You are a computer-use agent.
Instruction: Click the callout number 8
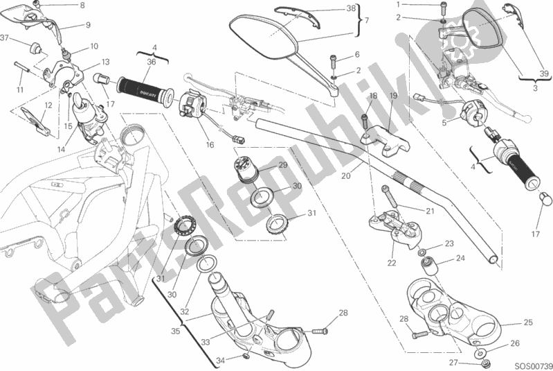(82, 6)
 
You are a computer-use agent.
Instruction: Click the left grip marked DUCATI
(143, 88)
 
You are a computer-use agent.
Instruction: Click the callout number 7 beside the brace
(367, 20)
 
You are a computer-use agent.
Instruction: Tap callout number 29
(282, 164)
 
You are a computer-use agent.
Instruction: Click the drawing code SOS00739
(532, 365)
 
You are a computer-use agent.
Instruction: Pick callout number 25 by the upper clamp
(528, 323)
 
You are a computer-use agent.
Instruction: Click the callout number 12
(47, 105)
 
